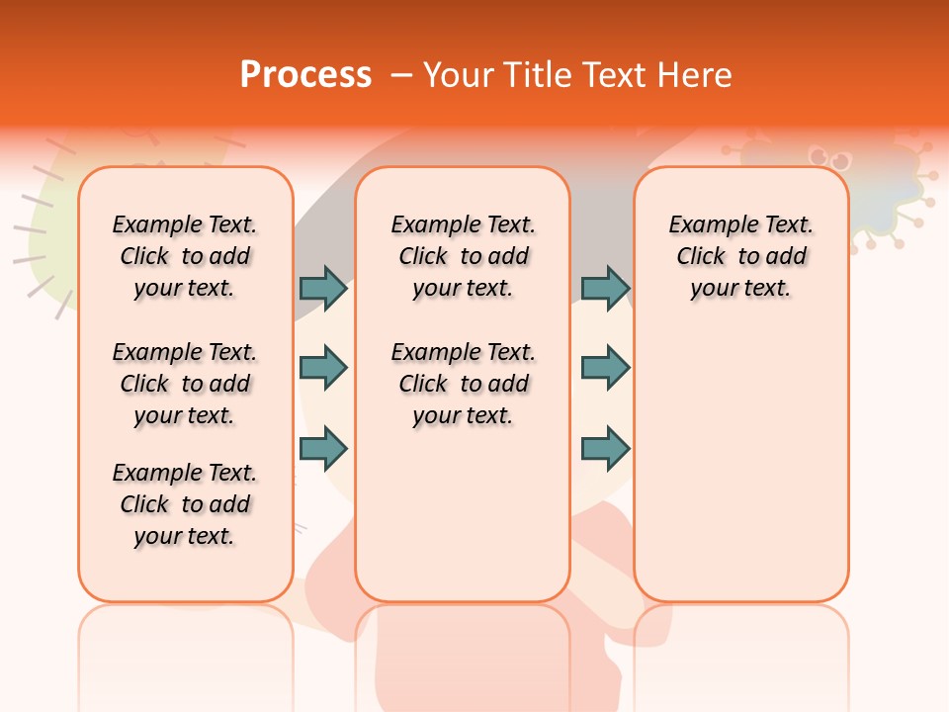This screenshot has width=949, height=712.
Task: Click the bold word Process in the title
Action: pyautogui.click(x=305, y=75)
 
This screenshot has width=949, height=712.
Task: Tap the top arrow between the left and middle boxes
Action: pyautogui.click(x=323, y=288)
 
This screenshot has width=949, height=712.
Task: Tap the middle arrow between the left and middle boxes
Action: pyautogui.click(x=323, y=368)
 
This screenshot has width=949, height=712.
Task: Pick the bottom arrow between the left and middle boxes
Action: pyautogui.click(x=323, y=448)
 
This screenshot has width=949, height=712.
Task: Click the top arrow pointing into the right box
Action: pyautogui.click(x=605, y=288)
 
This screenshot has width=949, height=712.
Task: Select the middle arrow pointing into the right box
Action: pyautogui.click(x=605, y=368)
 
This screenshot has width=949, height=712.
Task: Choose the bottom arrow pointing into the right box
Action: pyautogui.click(x=605, y=448)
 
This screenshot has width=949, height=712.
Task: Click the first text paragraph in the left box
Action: pyautogui.click(x=185, y=256)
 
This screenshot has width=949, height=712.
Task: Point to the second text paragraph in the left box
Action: pyautogui.click(x=185, y=384)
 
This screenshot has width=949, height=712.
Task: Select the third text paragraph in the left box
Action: pyautogui.click(x=185, y=504)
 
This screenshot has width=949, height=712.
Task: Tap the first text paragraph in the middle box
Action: pyautogui.click(x=464, y=256)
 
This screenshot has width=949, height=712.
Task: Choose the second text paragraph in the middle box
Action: pyautogui.click(x=464, y=384)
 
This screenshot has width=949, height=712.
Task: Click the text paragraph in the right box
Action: pyautogui.click(x=741, y=256)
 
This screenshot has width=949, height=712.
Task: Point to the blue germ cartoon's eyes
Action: pyautogui.click(x=823, y=156)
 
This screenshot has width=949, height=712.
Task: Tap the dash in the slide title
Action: pyautogui.click(x=401, y=75)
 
